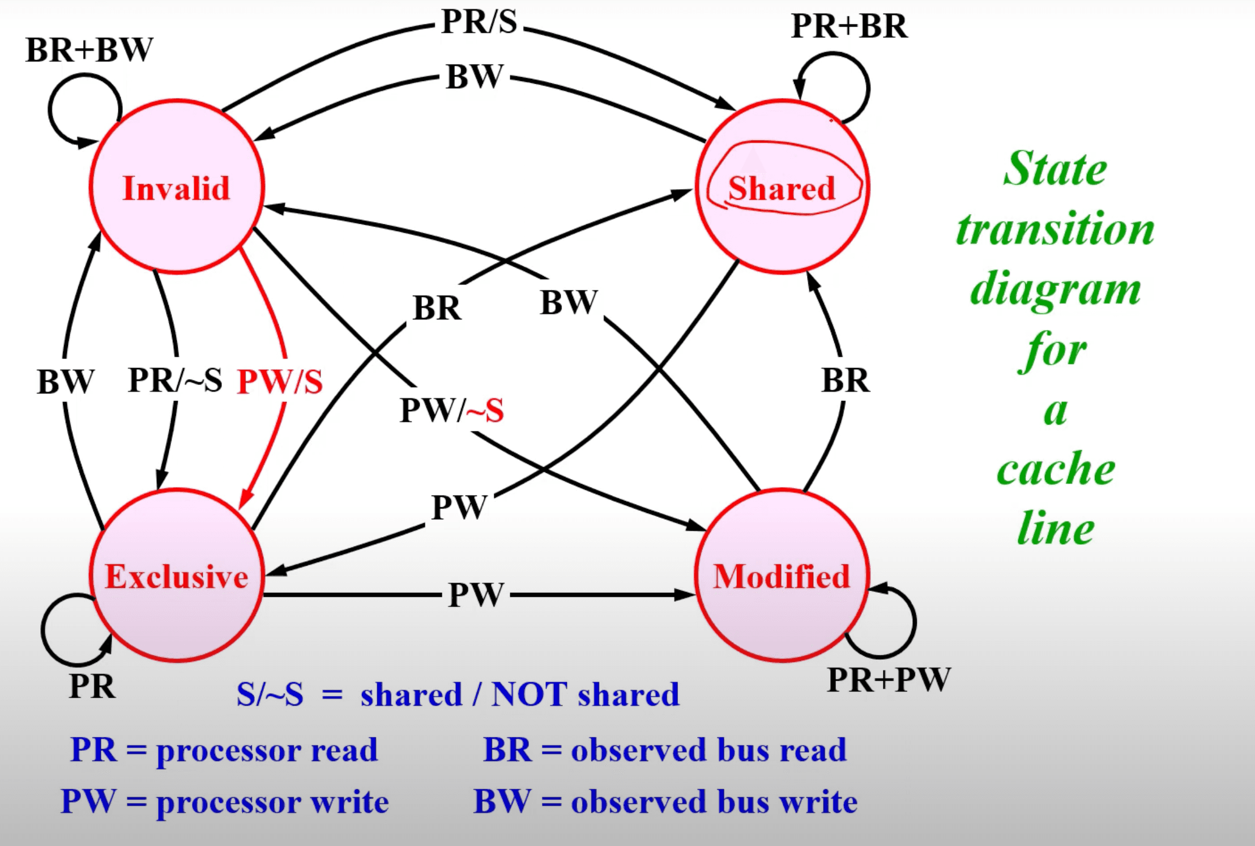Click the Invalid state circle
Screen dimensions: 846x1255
point(176,187)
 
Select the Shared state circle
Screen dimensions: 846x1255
point(782,187)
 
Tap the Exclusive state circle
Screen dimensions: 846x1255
point(176,575)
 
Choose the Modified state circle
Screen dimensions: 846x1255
point(782,575)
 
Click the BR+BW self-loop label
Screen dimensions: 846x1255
point(89,50)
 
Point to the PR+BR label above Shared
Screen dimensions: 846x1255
point(849,26)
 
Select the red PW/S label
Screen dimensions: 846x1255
point(280,381)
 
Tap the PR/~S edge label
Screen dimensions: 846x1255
point(175,380)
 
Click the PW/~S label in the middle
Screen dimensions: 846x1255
point(451,410)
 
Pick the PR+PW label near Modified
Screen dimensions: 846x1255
point(889,680)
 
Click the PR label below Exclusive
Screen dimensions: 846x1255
point(92,686)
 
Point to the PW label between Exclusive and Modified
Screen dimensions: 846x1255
point(476,595)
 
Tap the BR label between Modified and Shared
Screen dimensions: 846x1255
point(845,380)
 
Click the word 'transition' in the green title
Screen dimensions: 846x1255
point(1055,229)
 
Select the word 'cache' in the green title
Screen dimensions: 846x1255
point(1056,469)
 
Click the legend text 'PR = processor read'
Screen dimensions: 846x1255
point(224,750)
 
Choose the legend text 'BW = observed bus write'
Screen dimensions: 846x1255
point(665,802)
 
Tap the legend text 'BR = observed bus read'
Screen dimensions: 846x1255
point(665,750)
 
